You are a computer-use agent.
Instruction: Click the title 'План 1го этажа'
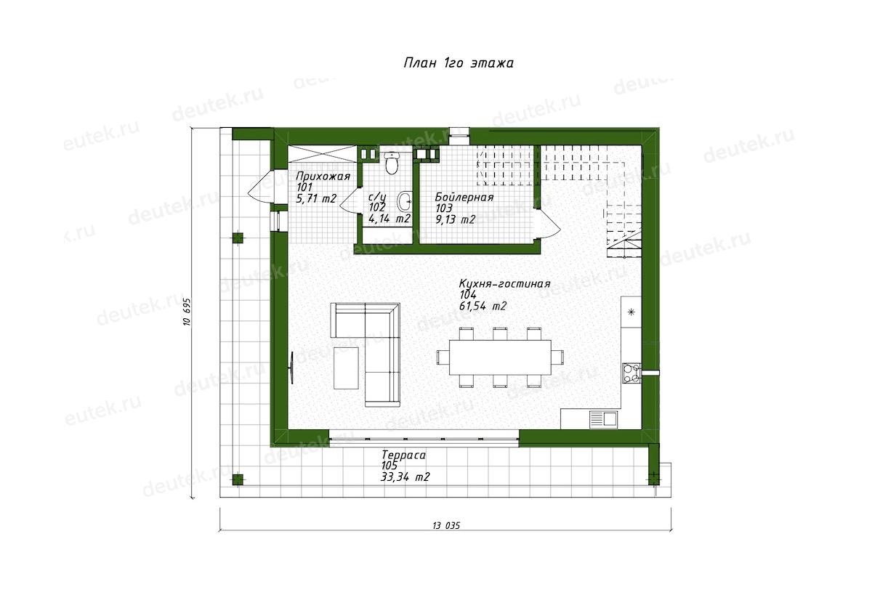coord(459,63)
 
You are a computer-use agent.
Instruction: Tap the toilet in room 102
coord(391,163)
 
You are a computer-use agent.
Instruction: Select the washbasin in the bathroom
coord(404,200)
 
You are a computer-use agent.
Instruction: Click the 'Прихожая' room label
coord(323,177)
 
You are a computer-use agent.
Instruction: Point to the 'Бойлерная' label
coord(464,198)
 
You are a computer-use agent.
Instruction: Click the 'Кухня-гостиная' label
coord(505,284)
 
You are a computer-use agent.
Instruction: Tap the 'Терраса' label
coord(403,455)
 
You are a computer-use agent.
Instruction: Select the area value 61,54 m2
coord(483,307)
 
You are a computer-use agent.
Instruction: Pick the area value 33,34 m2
coord(405,477)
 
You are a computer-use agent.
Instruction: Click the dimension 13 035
coord(446,526)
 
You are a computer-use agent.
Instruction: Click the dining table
coord(500,357)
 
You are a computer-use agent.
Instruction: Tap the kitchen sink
coord(603,419)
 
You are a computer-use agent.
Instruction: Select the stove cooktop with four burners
coord(631,373)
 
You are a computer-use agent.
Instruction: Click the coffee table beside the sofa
coord(346,368)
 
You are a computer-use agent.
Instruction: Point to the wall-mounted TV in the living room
coord(291,368)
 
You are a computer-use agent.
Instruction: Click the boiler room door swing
coord(549,223)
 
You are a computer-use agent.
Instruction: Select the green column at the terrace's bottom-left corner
coord(238,479)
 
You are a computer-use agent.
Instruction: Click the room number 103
coord(444,208)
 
